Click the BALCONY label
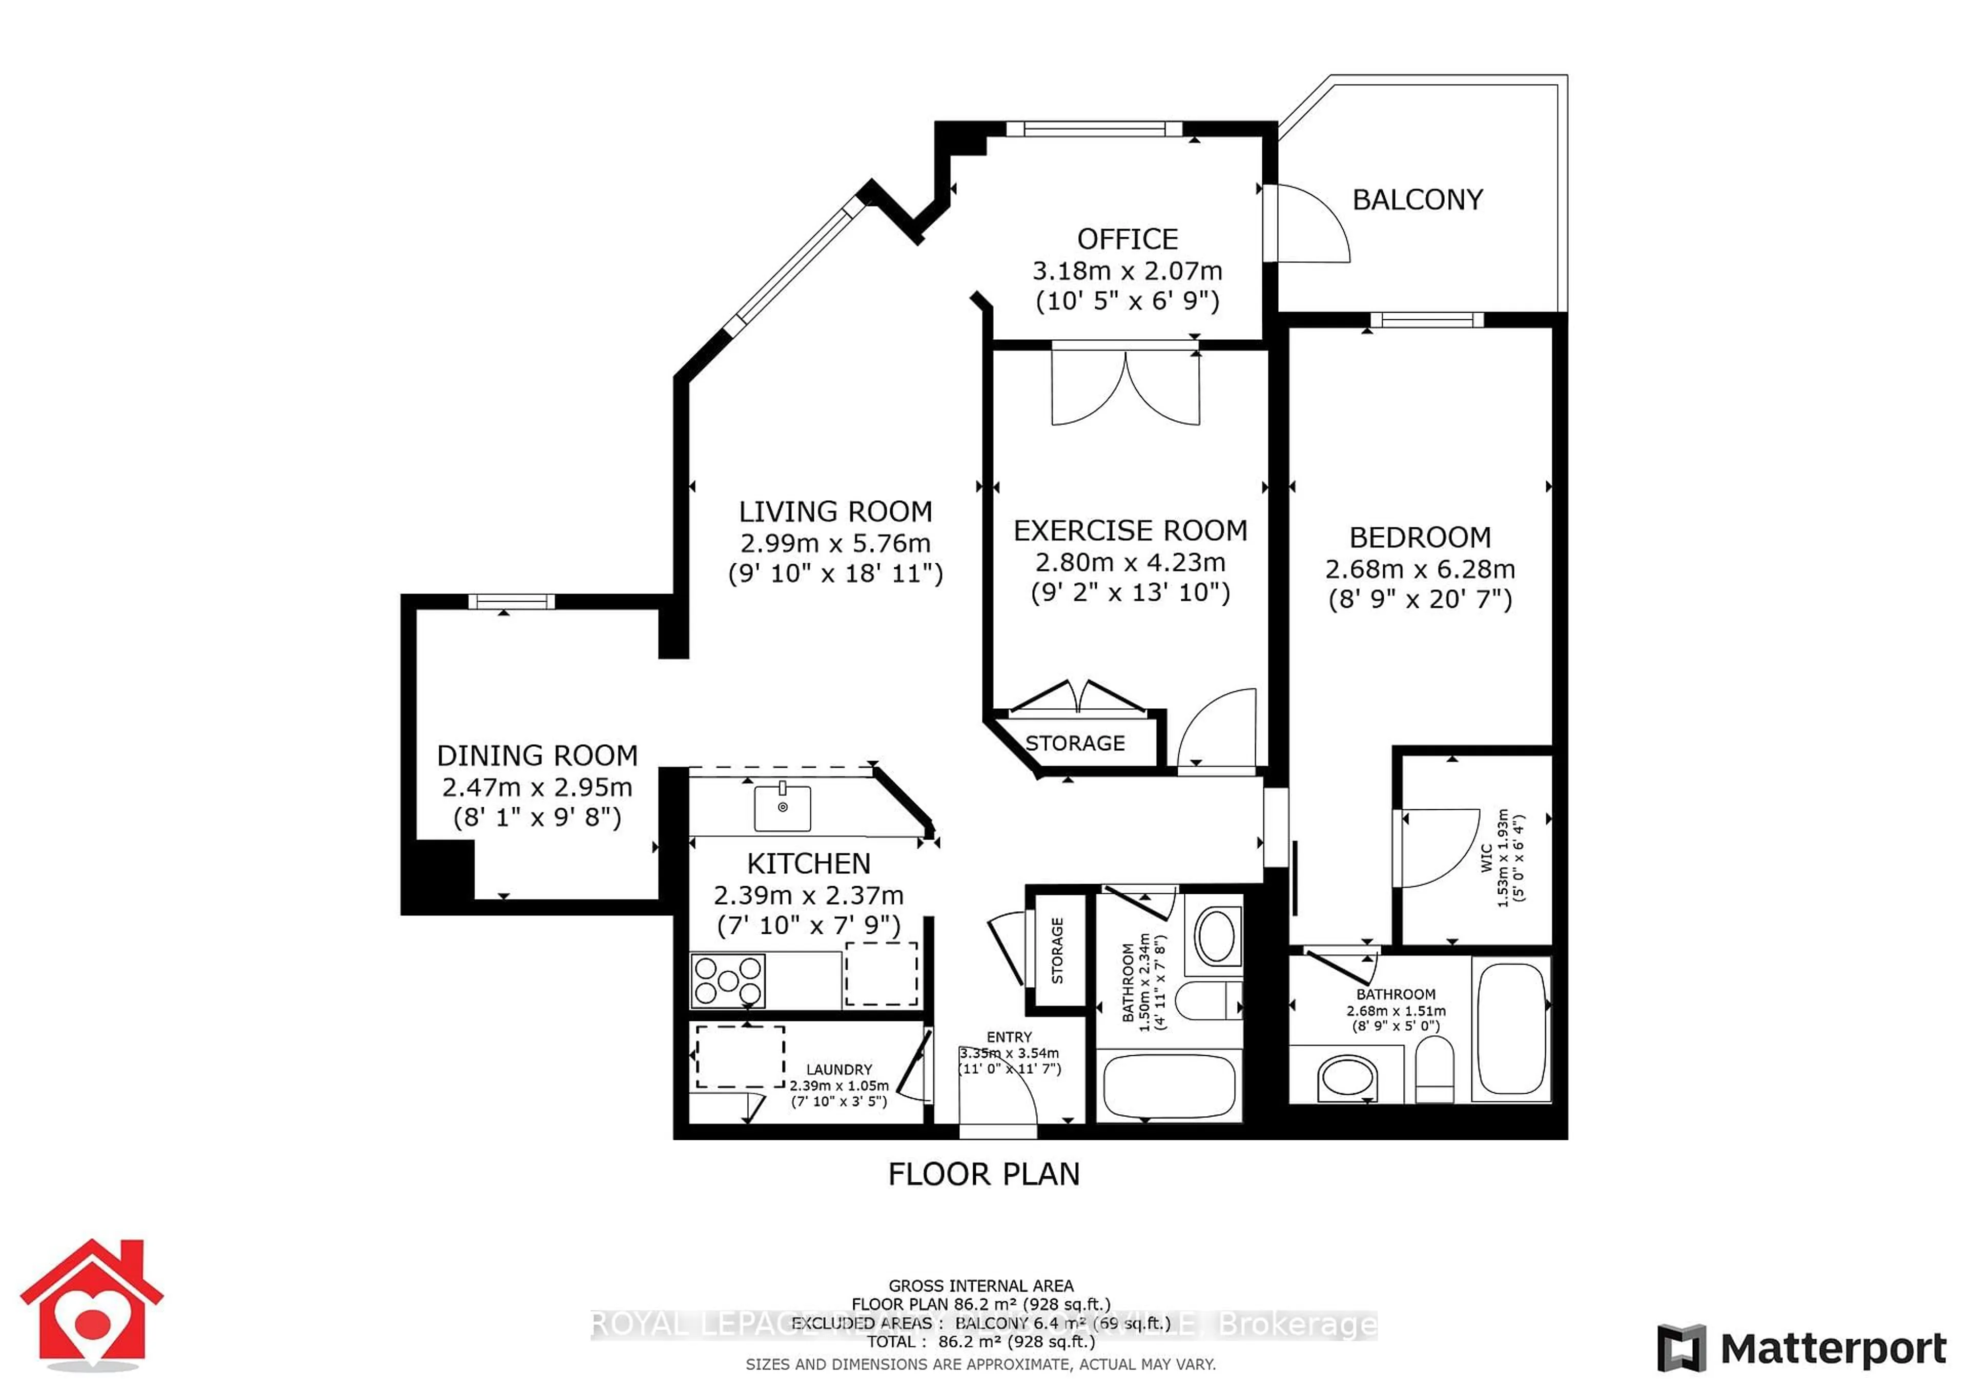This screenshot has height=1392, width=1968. pos(1417,200)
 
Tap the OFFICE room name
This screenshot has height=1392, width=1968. pos(1126,239)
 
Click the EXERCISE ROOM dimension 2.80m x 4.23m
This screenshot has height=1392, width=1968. pos(1130,562)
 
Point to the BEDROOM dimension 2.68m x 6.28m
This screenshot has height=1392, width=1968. pos(1420,569)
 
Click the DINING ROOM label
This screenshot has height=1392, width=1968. pos(538,755)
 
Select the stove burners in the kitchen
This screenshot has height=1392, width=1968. pos(728,980)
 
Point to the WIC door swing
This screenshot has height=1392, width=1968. pos(1440,849)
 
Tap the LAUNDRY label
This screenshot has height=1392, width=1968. pos(838,1070)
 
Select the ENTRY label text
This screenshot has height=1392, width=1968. pos(1009,1037)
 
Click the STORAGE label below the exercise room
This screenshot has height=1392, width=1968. pos(1075,743)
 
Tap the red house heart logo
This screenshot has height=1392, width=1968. pos(92,1303)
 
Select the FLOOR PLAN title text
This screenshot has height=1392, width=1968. pos(983,1174)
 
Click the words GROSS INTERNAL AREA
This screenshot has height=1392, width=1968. pos(980,1286)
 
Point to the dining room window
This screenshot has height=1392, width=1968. pos(511,602)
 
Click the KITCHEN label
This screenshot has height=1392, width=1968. pos(808,863)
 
